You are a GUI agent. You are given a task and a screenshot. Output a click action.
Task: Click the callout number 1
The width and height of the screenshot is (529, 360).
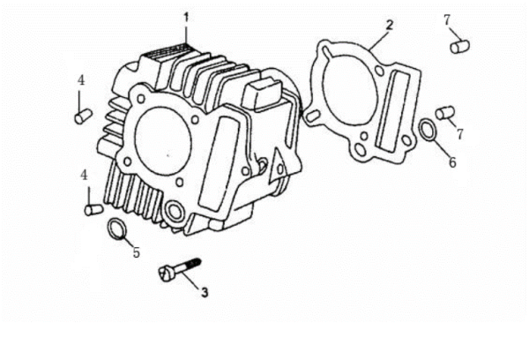coord(186,18)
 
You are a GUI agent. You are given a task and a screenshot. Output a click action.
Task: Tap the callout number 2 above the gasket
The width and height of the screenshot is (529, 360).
coord(390,25)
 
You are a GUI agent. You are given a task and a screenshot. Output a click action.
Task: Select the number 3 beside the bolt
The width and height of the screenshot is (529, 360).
coord(205,292)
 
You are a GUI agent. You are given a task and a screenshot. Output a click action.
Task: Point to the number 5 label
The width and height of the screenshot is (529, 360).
coord(136,252)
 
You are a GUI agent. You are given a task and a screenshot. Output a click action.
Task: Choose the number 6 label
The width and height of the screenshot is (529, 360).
coord(452,162)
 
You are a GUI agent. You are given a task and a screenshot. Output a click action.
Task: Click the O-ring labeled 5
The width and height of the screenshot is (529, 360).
coord(116,229)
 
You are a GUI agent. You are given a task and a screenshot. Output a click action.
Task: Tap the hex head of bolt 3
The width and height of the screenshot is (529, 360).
coord(166,273)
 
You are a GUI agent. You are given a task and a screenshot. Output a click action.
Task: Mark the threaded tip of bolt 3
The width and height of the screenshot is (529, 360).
coord(196,262)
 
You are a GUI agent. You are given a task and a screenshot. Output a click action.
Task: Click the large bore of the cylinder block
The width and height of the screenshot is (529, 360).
coord(163,141)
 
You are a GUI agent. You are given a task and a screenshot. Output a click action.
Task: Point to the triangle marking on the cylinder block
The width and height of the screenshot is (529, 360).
coord(278,166)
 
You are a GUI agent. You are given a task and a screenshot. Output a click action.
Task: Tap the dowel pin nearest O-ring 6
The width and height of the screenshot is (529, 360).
coord(445,113)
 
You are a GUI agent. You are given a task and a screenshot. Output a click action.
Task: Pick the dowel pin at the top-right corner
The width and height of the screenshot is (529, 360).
coord(460,47)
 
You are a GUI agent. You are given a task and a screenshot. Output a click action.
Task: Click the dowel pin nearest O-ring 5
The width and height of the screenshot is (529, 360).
coord(93,209)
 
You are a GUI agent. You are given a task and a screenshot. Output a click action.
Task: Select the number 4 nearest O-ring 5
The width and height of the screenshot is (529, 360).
coord(84,176)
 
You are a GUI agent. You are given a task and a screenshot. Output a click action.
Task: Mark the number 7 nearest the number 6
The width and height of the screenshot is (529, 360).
coord(460,134)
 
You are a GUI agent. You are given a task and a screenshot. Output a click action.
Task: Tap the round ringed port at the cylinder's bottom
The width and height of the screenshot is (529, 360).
coord(175,212)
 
